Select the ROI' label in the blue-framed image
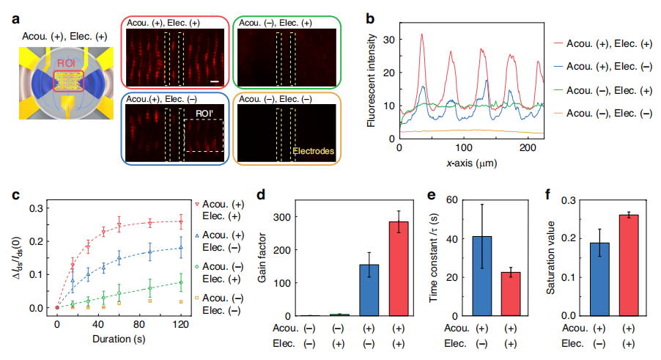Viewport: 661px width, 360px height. pos(202,114)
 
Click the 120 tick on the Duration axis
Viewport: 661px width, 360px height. pos(180,324)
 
